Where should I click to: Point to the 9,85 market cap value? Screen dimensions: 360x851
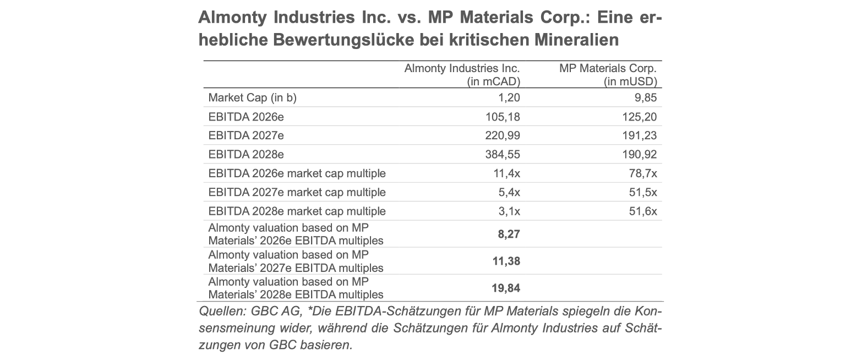click(x=646, y=98)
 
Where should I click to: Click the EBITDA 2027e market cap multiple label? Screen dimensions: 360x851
click(x=297, y=192)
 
